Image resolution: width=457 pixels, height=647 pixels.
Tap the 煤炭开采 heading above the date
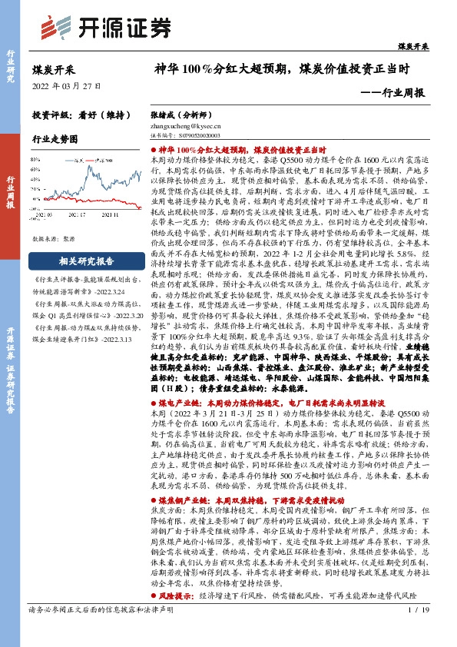point(54,69)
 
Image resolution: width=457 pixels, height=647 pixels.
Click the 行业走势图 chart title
point(55,139)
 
